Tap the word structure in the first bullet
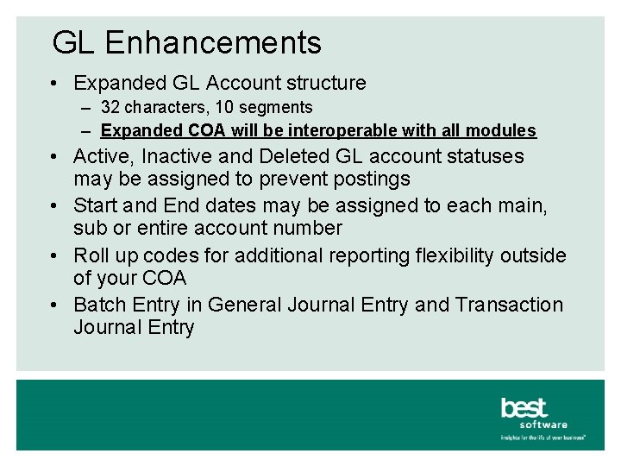(323, 83)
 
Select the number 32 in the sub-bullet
(110, 108)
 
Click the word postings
(371, 179)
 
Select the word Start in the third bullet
(96, 205)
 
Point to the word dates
(214, 205)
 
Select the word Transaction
(509, 305)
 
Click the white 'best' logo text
(524, 407)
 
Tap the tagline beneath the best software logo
(543, 438)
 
